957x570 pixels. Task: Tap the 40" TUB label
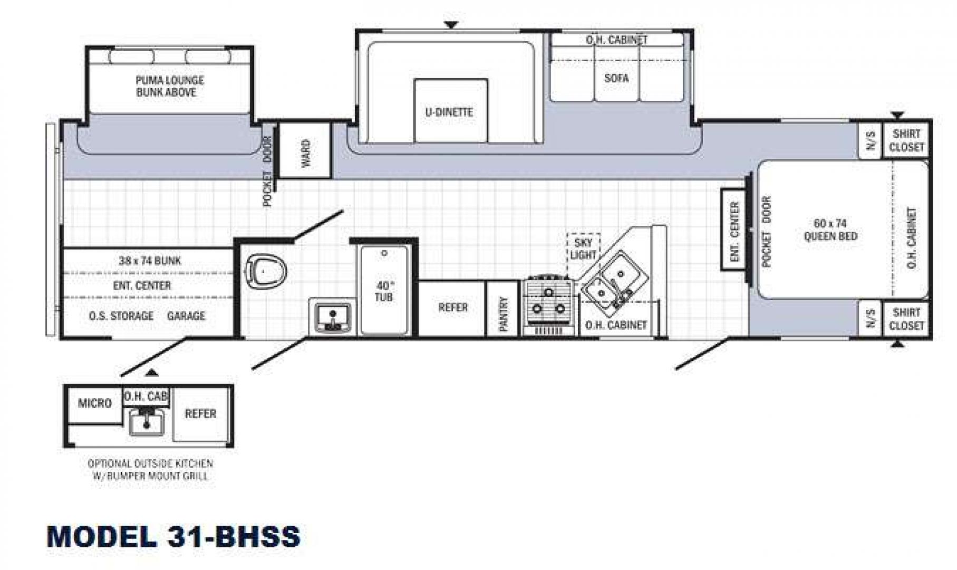[383, 291]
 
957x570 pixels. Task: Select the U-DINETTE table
[450, 110]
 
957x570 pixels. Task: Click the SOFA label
[616, 78]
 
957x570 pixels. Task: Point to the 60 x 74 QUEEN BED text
[830, 230]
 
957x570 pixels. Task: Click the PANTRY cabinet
[504, 308]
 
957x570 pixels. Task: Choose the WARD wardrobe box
[304, 150]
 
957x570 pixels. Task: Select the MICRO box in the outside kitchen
[95, 404]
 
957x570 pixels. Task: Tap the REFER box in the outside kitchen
[200, 414]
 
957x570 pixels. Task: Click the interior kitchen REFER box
[452, 308]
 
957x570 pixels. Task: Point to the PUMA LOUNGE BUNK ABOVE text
[169, 86]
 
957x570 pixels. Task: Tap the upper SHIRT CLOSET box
[906, 140]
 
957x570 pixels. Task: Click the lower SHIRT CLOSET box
[906, 319]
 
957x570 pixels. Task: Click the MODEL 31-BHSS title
[173, 536]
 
